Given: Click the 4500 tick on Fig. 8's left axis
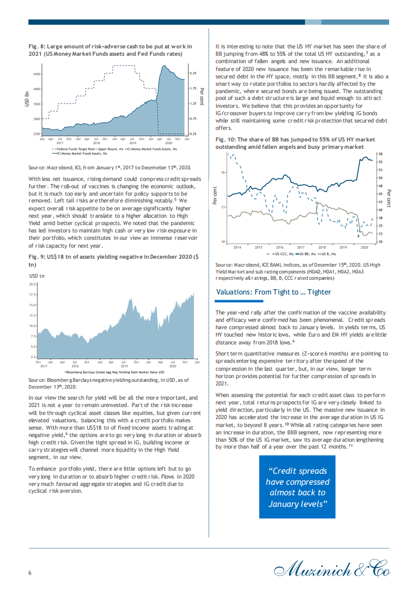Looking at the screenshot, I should [x=36, y=74].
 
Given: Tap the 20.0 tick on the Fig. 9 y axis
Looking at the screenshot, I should [x=32, y=284].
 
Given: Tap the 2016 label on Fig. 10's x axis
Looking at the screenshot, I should [x=279, y=247].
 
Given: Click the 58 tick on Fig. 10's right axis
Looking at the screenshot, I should [x=380, y=153].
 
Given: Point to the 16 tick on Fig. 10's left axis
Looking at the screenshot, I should [x=223, y=172].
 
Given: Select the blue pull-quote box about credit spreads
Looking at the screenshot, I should [x=298, y=487].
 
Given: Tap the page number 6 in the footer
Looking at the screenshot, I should [x=30, y=573].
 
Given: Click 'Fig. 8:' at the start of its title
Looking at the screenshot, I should [x=36, y=46].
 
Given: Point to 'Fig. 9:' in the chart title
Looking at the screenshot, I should [x=36, y=257].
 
